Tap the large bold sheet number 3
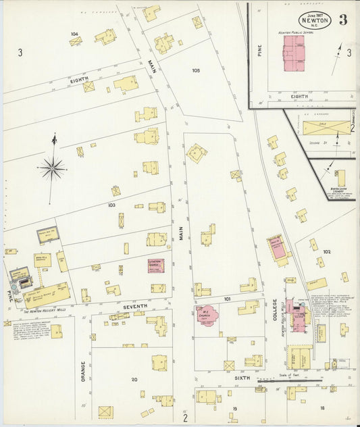click(x=343, y=19)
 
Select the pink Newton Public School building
click(x=293, y=51)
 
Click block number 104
click(x=74, y=34)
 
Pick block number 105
click(x=196, y=70)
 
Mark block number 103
click(x=111, y=205)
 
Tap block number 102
click(x=327, y=251)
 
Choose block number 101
click(x=228, y=298)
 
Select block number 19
click(x=235, y=409)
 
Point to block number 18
click(x=322, y=408)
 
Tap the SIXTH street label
click(x=242, y=380)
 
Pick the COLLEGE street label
click(x=276, y=309)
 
